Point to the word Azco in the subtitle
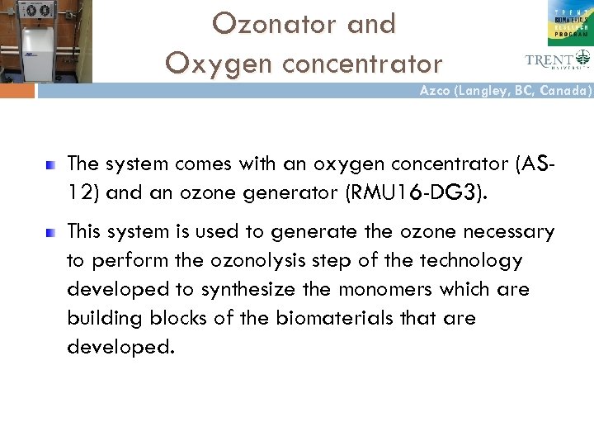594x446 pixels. [x=436, y=92]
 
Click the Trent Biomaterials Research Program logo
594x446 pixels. [x=570, y=23]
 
